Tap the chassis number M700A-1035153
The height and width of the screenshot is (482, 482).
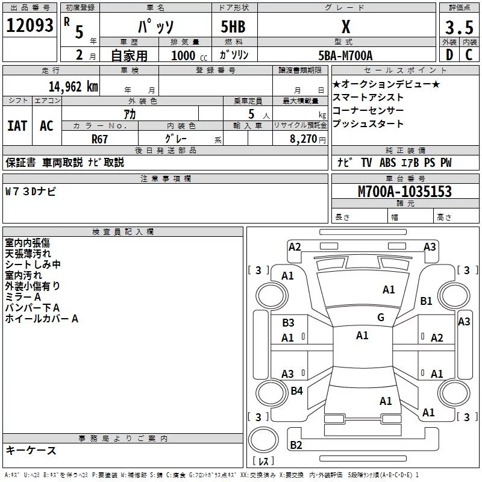click(404, 192)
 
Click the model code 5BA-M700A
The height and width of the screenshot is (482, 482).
click(345, 55)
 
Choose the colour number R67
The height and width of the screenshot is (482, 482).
click(100, 138)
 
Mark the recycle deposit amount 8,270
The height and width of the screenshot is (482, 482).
click(301, 138)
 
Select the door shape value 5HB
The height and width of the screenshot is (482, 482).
click(233, 28)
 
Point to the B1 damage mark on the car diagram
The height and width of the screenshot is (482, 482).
click(427, 301)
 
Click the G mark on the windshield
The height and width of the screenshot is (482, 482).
click(380, 318)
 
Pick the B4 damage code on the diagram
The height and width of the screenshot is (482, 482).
click(296, 391)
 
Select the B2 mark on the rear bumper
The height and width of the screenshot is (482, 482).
click(296, 445)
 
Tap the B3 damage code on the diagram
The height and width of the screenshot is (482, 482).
click(288, 323)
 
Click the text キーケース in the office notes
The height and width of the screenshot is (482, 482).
click(31, 451)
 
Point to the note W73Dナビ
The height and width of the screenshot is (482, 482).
click(31, 192)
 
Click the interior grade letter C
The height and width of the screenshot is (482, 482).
click(469, 55)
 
